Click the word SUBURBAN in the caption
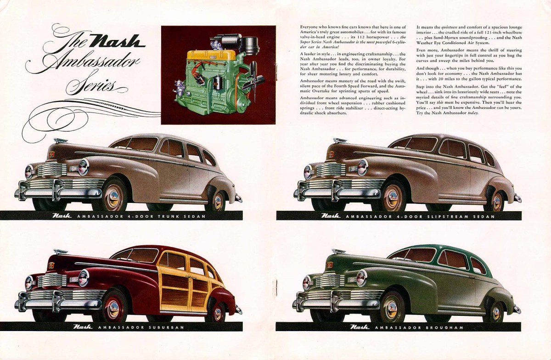tap(167, 327)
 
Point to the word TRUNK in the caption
tap(167, 216)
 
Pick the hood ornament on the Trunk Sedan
tap(60, 141)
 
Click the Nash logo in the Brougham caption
tap(358, 327)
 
